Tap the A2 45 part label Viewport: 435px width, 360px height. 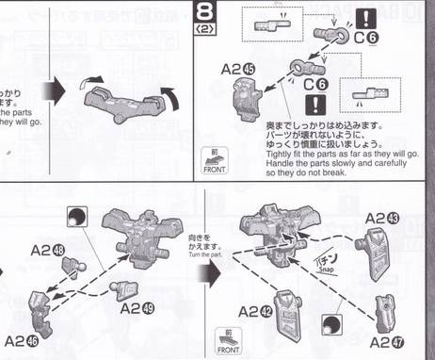[236, 71]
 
